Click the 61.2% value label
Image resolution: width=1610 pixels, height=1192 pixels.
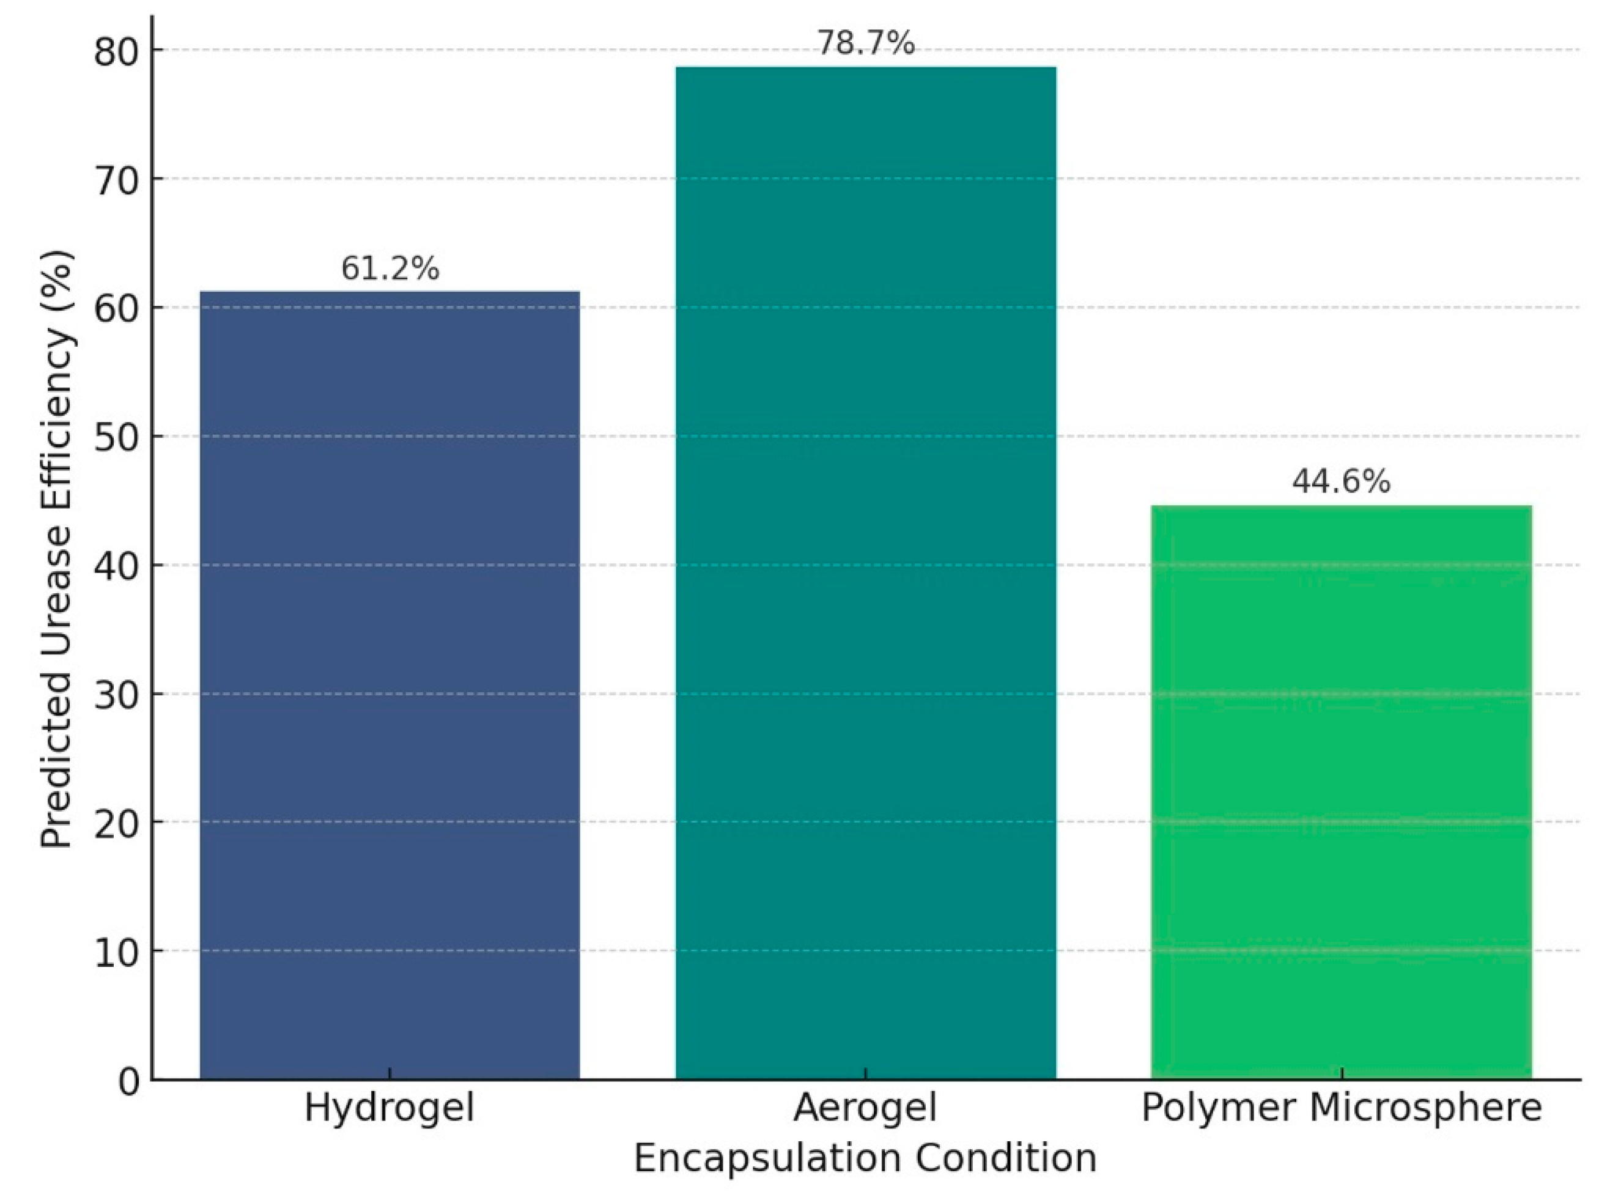click(x=390, y=269)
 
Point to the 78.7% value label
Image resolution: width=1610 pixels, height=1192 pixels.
click(x=866, y=44)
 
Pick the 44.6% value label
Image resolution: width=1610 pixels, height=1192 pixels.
click(x=1341, y=482)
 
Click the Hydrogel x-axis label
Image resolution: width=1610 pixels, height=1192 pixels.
click(x=390, y=1108)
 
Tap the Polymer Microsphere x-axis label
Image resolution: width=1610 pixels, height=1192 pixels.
click(x=1341, y=1108)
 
